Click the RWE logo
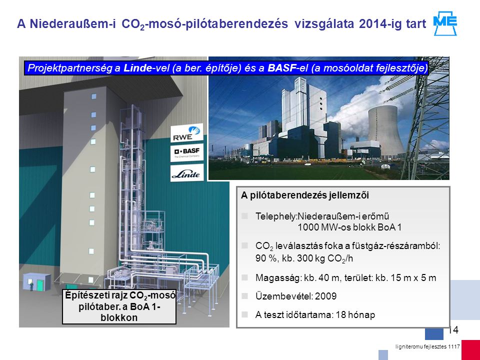tap(186, 133)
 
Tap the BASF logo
tap(186, 152)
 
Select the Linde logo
tap(186, 173)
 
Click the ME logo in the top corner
tap(445, 23)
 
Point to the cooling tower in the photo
tap(385, 130)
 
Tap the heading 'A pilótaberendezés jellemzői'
tap(305, 195)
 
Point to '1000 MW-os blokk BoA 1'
tap(349, 227)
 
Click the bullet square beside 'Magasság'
tap(244, 277)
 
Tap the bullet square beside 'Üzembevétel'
tap(244, 295)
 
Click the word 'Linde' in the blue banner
tap(137, 68)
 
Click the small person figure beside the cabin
tap(31, 286)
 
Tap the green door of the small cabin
tap(40, 285)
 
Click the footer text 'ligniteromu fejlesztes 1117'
tap(427, 347)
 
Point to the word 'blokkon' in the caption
tap(119, 317)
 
